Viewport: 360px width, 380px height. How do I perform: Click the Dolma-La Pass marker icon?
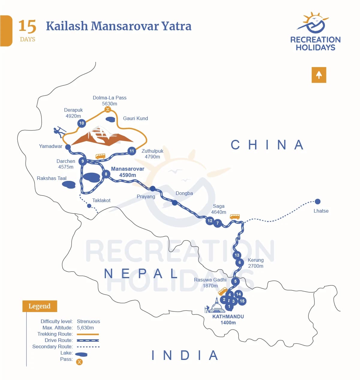(x=108, y=110)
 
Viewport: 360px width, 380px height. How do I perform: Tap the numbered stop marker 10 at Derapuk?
(x=82, y=123)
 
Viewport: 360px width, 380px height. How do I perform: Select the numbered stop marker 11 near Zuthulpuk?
(x=132, y=151)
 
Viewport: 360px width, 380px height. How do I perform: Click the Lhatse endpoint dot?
(x=318, y=202)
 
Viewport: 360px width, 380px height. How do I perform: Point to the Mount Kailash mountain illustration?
(x=102, y=136)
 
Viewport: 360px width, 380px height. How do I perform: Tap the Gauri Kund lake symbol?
(x=111, y=119)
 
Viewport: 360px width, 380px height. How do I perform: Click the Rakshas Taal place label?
(x=52, y=178)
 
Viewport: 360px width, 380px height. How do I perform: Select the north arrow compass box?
(x=319, y=75)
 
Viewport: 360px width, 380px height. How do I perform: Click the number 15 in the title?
(x=27, y=26)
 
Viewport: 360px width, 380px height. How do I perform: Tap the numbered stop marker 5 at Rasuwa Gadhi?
(x=235, y=281)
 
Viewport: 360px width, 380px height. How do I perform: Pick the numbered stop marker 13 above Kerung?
(x=237, y=255)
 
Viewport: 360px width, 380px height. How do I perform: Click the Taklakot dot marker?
(x=89, y=206)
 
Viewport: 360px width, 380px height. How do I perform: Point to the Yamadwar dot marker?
(x=68, y=147)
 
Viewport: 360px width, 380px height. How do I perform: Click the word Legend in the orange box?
(x=40, y=306)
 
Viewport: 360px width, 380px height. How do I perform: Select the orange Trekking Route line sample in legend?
(x=88, y=334)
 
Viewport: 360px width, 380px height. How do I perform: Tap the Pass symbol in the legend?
(x=79, y=362)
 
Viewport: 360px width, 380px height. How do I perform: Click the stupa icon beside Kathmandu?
(x=216, y=306)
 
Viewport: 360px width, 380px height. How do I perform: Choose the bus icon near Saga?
(x=235, y=217)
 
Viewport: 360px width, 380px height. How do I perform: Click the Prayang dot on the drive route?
(x=153, y=189)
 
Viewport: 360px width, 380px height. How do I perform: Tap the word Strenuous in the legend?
(x=88, y=321)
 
